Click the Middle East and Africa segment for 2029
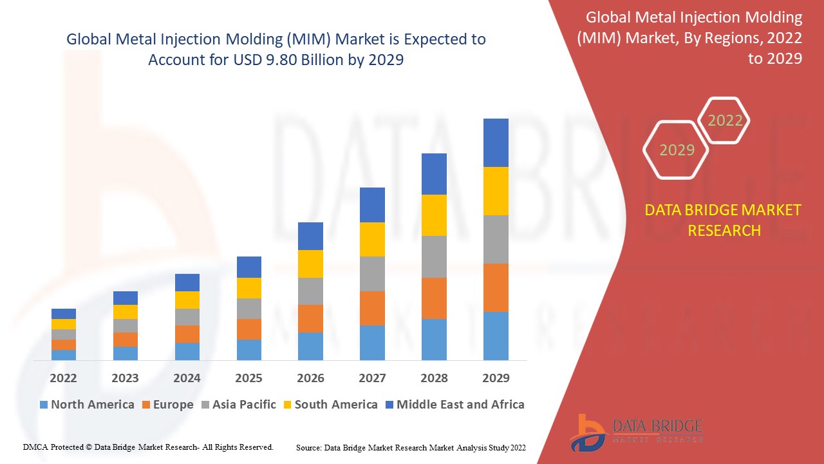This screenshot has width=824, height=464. click(496, 142)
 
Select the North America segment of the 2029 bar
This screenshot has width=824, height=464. click(496, 336)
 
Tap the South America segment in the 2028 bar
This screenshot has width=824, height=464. click(434, 215)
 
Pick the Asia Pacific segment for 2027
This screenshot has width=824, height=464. click(372, 274)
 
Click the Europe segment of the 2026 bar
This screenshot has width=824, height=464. click(310, 318)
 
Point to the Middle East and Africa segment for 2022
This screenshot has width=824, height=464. click(64, 314)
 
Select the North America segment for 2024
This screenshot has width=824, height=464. click(187, 351)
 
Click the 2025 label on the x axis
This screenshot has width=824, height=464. click(248, 378)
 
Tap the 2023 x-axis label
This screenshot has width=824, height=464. click(125, 378)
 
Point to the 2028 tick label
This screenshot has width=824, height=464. click(434, 378)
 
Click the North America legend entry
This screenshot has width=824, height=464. click(87, 405)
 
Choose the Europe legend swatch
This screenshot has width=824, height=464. click(147, 405)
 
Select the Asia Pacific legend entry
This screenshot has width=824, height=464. click(238, 405)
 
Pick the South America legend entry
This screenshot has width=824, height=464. click(330, 405)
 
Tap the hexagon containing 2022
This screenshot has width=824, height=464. click(725, 121)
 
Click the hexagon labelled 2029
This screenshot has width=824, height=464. click(677, 150)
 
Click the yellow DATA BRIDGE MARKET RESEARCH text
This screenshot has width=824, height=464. click(724, 220)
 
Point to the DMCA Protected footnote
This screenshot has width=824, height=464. click(149, 447)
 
